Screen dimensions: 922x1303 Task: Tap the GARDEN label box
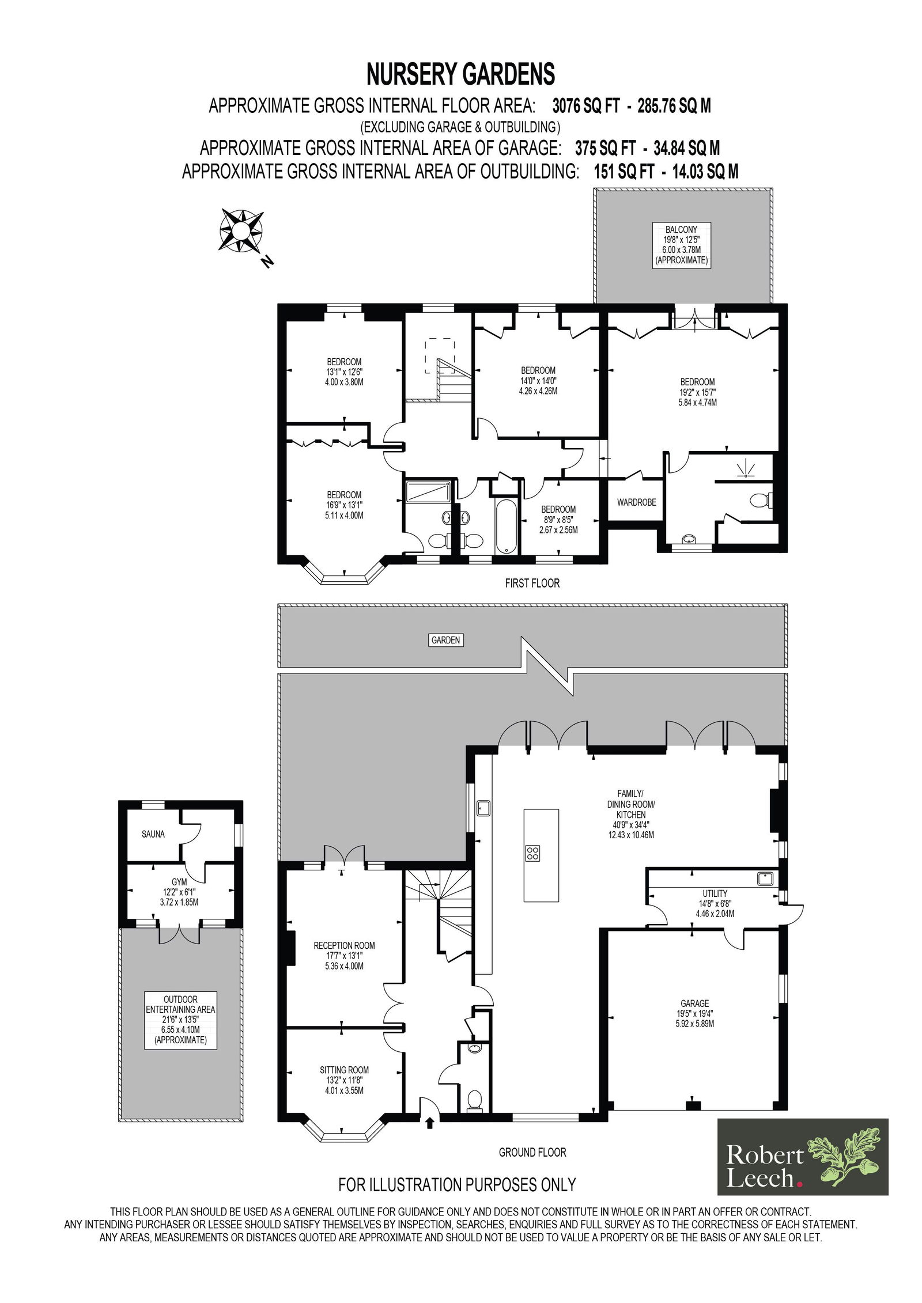[x=446, y=640]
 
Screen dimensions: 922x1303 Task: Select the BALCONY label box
[x=682, y=245]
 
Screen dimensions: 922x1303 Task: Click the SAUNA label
[x=153, y=834]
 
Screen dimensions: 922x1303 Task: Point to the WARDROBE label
[x=636, y=502]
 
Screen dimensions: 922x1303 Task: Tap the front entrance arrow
[x=429, y=1122]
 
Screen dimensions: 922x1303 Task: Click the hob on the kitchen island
[x=532, y=853]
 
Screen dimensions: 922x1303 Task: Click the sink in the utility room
[x=765, y=879]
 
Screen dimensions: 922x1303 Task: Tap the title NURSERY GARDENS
[x=461, y=74]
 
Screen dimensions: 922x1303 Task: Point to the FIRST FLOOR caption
[x=532, y=584]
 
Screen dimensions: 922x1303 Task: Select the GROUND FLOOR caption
[x=532, y=1152]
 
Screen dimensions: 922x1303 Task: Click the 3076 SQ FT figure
[x=586, y=106]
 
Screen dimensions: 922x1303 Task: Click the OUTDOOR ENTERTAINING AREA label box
[x=180, y=1020]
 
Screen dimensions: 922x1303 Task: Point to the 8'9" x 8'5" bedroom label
[x=558, y=520]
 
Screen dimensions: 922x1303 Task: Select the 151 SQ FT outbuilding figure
[x=624, y=172]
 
